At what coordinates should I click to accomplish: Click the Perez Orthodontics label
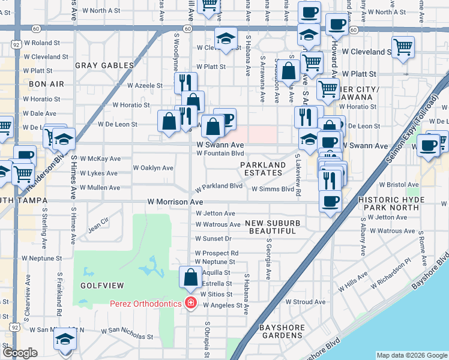tap(145, 304)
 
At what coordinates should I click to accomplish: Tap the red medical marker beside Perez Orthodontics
tap(191, 304)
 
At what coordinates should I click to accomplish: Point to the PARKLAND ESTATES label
tap(264, 169)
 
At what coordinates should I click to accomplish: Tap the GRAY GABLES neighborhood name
tap(104, 65)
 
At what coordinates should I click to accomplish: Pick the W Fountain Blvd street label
tap(220, 153)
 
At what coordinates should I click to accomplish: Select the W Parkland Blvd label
tap(219, 187)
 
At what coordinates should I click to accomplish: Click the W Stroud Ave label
tap(305, 302)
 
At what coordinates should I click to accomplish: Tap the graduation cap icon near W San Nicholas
tap(65, 340)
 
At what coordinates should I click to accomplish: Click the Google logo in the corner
tap(20, 353)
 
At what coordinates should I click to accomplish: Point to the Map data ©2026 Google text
tap(411, 355)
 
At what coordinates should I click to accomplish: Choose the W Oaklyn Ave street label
tap(153, 168)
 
